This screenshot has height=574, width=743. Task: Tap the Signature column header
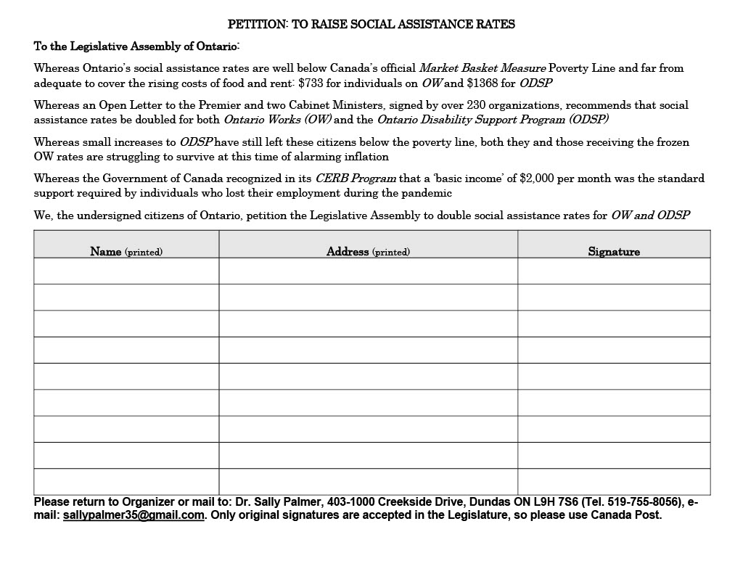[614, 252]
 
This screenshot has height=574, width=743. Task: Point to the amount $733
[311, 83]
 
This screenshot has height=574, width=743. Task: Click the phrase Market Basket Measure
[483, 67]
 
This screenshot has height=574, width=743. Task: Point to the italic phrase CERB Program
[356, 178]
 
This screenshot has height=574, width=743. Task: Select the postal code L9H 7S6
[557, 501]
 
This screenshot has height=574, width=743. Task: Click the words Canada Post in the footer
[626, 515]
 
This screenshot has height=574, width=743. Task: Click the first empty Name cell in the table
[126, 271]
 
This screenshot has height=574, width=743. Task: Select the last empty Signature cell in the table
[614, 481]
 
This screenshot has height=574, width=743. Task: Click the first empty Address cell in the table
[368, 271]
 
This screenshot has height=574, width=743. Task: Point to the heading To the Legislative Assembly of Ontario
[136, 46]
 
